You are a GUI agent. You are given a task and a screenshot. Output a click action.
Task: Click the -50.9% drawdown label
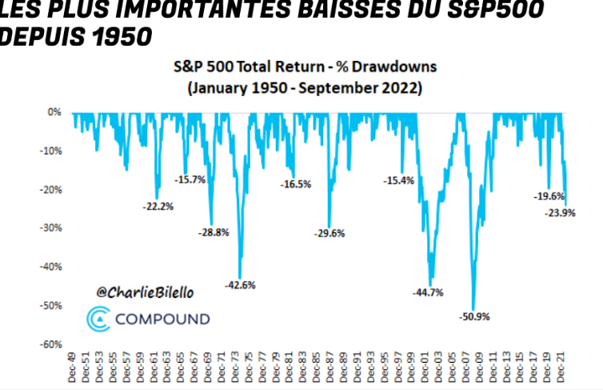tap(475, 316)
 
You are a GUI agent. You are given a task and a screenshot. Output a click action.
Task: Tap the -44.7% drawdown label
tap(428, 291)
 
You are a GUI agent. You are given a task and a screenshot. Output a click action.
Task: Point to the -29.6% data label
tap(329, 233)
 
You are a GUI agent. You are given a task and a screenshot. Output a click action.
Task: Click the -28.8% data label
tap(214, 232)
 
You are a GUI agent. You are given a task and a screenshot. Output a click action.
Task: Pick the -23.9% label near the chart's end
tap(561, 213)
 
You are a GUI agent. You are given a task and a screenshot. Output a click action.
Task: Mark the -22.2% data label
tap(158, 206)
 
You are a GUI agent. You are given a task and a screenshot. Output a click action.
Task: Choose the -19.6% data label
tap(550, 195)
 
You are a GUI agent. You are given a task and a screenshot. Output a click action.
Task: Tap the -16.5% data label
tap(295, 184)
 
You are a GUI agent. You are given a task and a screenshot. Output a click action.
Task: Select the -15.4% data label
tap(399, 180)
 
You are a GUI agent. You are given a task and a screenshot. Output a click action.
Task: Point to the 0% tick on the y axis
tap(54, 112)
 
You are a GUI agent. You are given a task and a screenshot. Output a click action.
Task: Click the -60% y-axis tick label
tap(50, 344)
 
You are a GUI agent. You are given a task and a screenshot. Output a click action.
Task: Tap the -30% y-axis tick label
tap(50, 228)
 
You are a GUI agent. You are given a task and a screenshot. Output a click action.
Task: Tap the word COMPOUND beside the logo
tap(163, 319)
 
